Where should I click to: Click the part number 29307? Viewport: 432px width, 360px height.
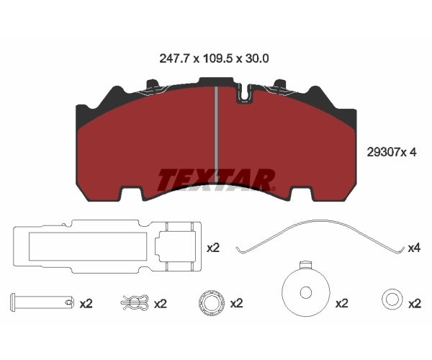point(383,152)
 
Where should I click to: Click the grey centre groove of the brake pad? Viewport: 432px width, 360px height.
point(216,135)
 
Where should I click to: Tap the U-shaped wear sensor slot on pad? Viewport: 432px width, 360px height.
point(245,93)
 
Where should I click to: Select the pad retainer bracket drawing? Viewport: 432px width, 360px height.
point(107,246)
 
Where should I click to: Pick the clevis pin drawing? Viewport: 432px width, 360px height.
point(42,302)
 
